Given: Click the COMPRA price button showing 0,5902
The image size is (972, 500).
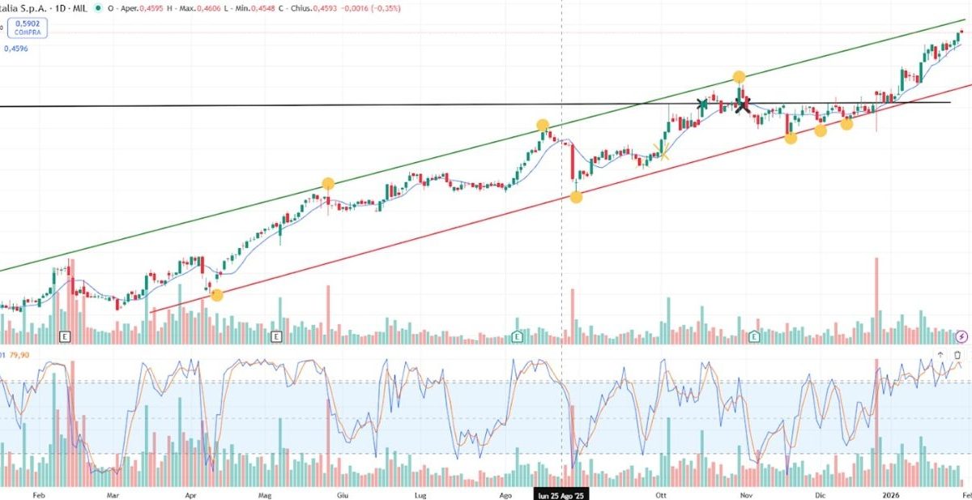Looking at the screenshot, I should [28, 29].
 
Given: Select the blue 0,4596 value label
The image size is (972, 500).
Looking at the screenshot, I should [16, 49].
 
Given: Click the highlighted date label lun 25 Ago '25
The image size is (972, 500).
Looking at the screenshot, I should [561, 493].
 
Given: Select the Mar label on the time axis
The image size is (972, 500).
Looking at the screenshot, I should [113, 493].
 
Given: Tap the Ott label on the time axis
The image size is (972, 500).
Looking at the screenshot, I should [661, 493].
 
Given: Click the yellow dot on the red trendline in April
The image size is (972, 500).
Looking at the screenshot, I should [216, 295].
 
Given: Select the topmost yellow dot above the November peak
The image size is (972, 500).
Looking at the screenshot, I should [739, 77].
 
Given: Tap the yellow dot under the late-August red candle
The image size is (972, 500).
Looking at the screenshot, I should [576, 197].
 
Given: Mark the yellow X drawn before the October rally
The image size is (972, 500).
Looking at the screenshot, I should [663, 152].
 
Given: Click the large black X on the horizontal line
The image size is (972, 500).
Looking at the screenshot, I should [742, 104].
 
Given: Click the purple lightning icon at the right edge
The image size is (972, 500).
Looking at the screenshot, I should [961, 335].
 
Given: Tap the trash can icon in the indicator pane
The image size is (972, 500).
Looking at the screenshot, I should [957, 355].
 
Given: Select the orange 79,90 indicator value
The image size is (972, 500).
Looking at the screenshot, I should [19, 355].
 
